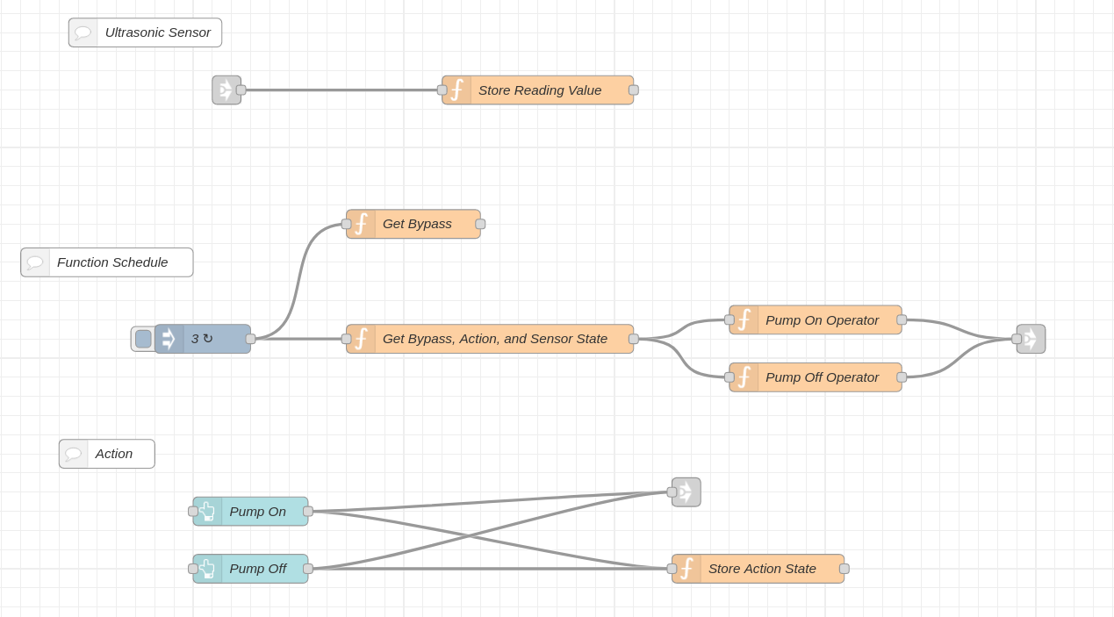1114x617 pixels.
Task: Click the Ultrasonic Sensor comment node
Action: point(145,32)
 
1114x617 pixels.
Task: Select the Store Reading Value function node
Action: point(537,90)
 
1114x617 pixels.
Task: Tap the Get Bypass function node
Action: point(413,224)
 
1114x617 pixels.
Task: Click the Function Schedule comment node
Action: point(107,262)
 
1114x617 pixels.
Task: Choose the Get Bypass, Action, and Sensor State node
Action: point(490,339)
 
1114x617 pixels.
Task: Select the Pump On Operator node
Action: point(816,319)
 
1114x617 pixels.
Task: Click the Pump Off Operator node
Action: point(816,377)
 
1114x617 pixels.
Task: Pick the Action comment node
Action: point(107,454)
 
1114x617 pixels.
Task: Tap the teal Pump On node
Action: point(251,511)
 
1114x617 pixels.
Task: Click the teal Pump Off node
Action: point(251,569)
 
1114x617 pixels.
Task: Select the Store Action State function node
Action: point(758,569)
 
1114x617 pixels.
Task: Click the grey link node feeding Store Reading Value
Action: point(226,90)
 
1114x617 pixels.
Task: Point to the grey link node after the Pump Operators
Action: point(1031,339)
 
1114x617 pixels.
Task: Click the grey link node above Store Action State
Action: point(686,492)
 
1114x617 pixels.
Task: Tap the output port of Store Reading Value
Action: point(634,90)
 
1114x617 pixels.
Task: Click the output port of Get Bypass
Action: point(480,224)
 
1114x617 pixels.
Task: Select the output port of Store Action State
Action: point(844,569)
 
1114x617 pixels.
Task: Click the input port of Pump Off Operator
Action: point(729,377)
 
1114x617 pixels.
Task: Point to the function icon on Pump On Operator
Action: point(744,319)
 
